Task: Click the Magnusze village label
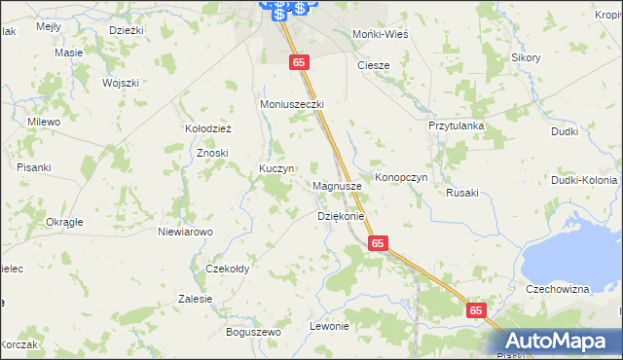[x=338, y=185]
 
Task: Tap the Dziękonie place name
[x=340, y=216]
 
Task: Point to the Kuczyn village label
[x=275, y=168]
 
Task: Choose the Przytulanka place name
[x=456, y=126]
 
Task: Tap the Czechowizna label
[x=558, y=290]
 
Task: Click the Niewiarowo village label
[x=185, y=232]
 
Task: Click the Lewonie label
[x=328, y=326]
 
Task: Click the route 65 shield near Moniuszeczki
[x=299, y=61]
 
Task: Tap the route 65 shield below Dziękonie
[x=378, y=243]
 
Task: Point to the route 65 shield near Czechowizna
[x=475, y=309]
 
